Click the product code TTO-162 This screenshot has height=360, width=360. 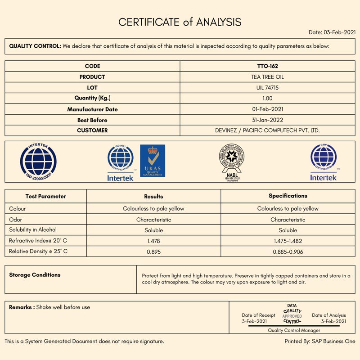[x=267, y=66]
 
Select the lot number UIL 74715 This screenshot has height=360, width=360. [x=267, y=88]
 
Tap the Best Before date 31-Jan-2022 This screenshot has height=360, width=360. [x=267, y=120]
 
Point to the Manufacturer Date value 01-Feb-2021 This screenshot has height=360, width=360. [x=267, y=109]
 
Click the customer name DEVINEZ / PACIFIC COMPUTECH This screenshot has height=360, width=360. [x=267, y=130]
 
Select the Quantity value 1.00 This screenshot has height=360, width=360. [x=267, y=98]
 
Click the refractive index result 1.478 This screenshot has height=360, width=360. [x=153, y=241]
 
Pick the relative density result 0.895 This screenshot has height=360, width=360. [x=153, y=252]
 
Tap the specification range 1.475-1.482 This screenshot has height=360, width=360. [x=288, y=241]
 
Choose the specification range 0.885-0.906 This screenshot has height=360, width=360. [x=288, y=252]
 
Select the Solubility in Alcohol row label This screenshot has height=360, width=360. [x=33, y=230]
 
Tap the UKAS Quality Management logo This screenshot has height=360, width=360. [x=153, y=161]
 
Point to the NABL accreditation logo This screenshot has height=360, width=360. [x=231, y=162]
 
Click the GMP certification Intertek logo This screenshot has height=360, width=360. [x=323, y=162]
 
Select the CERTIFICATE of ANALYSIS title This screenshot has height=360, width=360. [x=180, y=22]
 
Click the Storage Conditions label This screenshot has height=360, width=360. [x=35, y=275]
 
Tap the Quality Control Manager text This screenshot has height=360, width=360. [x=294, y=330]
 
